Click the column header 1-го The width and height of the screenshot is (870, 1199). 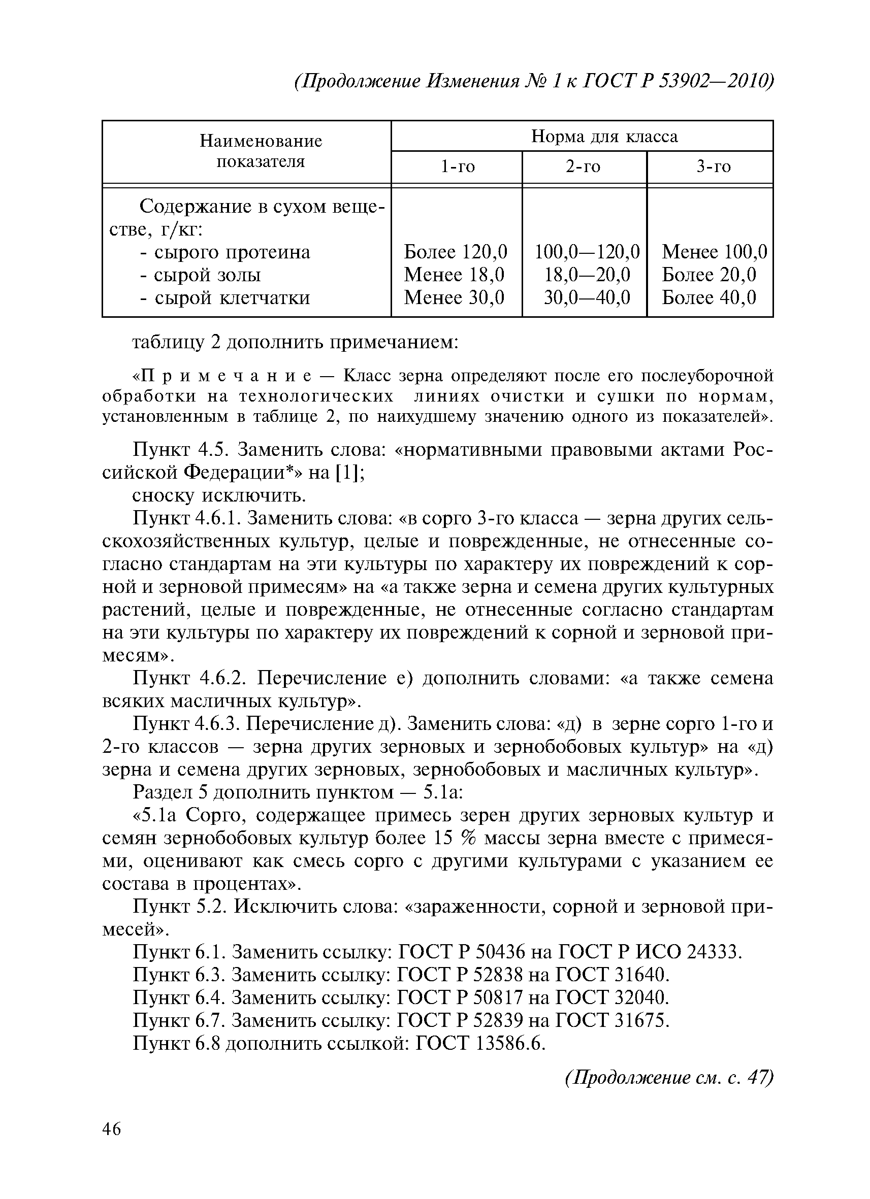pyautogui.click(x=458, y=167)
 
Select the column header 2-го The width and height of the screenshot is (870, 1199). pyautogui.click(x=584, y=167)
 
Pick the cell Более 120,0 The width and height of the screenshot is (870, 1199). pyautogui.click(x=456, y=252)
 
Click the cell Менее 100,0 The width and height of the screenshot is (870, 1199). pyautogui.click(x=714, y=252)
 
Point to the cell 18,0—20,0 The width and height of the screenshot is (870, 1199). pyautogui.click(x=587, y=275)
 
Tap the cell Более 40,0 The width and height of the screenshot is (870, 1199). pyautogui.click(x=708, y=297)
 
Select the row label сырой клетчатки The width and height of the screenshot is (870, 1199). pyautogui.click(x=225, y=298)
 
